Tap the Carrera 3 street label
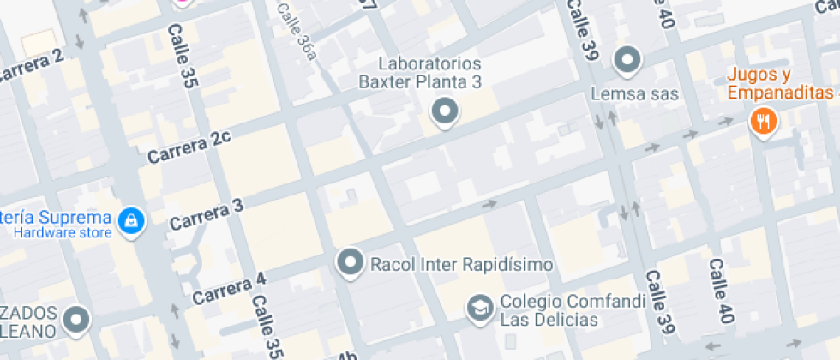coord(207,214)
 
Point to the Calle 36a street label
coord(297,30)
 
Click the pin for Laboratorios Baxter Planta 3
coord(444,111)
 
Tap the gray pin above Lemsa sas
coord(628,60)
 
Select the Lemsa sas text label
coord(635,93)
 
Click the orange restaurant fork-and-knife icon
coord(762,120)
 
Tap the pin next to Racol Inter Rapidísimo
coord(350,262)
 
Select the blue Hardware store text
coord(63,232)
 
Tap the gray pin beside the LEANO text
coord(78,320)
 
